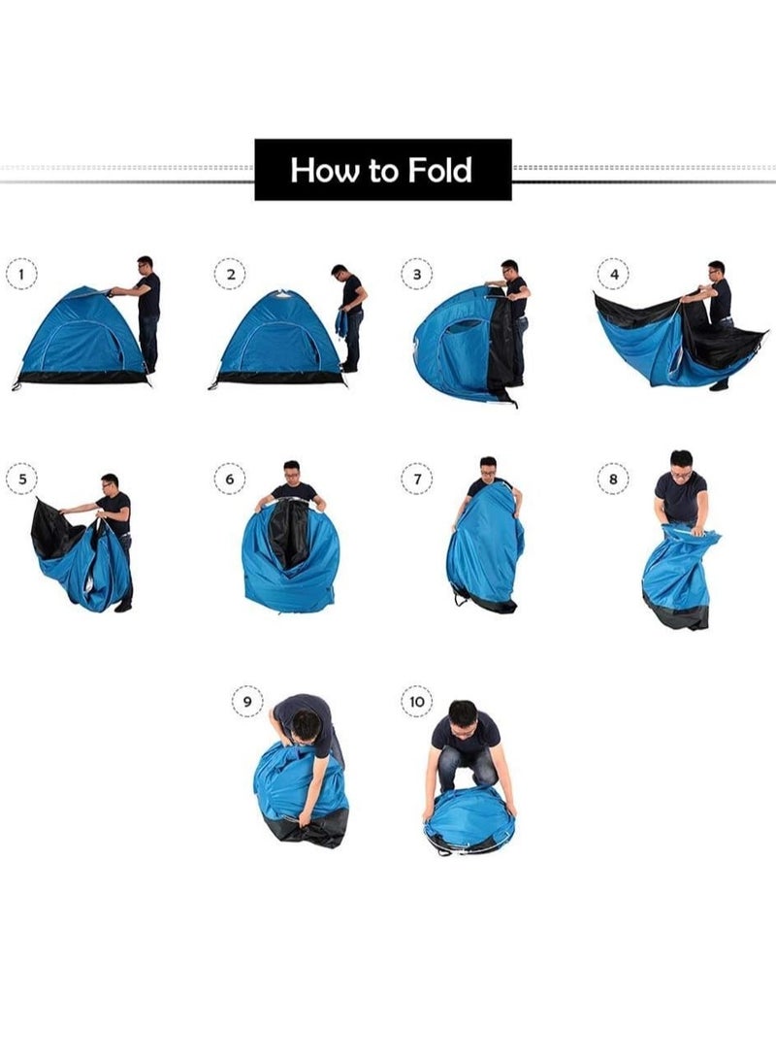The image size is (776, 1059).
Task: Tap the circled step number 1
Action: tap(21, 274)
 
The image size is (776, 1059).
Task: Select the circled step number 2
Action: tap(230, 274)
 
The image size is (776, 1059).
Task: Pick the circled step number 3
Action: tap(417, 274)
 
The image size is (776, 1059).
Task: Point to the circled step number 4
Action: tap(613, 274)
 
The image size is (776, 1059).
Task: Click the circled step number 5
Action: tap(21, 479)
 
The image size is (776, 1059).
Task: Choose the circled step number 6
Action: tap(230, 479)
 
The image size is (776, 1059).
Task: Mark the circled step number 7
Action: tap(417, 479)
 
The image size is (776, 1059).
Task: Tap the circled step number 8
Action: tap(613, 479)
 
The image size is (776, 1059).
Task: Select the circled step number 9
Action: tap(247, 701)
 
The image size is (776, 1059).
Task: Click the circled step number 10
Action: tap(417, 701)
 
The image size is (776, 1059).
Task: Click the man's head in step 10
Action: tap(464, 718)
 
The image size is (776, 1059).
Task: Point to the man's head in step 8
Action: tap(681, 465)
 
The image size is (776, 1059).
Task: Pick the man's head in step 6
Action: tap(291, 473)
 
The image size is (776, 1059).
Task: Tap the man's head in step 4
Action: tap(716, 272)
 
